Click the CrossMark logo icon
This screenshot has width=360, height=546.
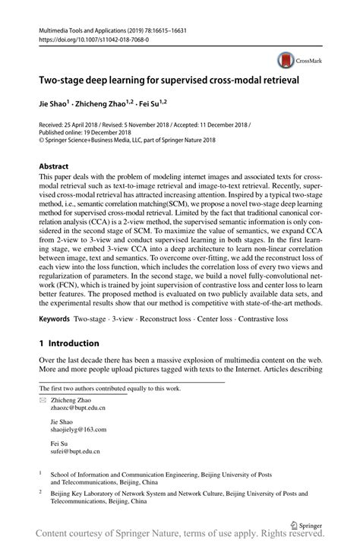coord(285,59)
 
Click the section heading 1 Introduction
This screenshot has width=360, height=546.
coord(69,343)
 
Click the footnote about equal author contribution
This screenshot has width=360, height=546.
coord(110,388)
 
